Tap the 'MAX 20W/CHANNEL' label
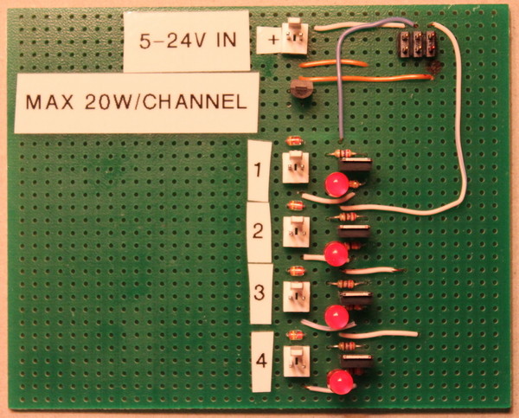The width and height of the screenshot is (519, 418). (x=137, y=103)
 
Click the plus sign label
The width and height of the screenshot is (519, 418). (x=269, y=40)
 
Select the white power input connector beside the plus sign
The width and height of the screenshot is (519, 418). (x=294, y=36)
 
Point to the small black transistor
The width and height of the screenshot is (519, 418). (x=301, y=88)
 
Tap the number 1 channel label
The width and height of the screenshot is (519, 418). (x=259, y=170)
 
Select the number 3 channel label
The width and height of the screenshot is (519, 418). (x=260, y=293)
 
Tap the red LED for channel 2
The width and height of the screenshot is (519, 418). (x=336, y=254)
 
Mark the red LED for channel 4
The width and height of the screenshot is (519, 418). (x=341, y=382)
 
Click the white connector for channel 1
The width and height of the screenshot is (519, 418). (x=295, y=167)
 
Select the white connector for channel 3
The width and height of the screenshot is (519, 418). (x=296, y=297)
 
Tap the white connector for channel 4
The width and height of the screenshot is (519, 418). (x=297, y=361)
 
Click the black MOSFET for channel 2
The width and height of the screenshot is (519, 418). (x=354, y=232)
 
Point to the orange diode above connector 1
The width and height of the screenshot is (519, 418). (x=294, y=141)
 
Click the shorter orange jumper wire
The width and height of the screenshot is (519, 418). (x=334, y=63)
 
